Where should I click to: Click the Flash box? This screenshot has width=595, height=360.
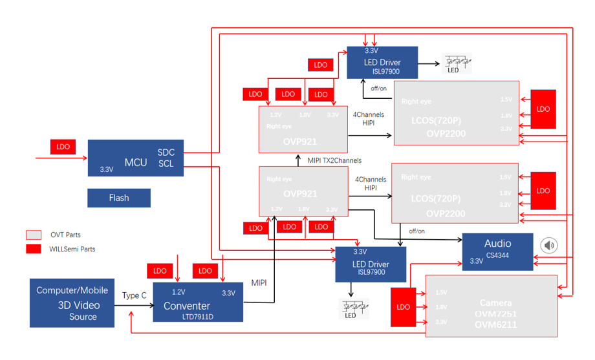pyautogui.click(x=119, y=198)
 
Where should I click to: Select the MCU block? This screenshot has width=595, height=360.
pyautogui.click(x=136, y=158)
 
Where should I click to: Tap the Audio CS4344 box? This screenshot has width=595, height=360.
pyautogui.click(x=497, y=251)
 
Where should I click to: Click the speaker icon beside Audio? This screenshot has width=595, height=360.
pyautogui.click(x=549, y=246)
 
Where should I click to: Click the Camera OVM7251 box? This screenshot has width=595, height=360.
pyautogui.click(x=491, y=306)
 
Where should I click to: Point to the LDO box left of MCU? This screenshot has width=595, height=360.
pyautogui.click(x=63, y=147)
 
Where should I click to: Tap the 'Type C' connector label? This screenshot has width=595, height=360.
pyautogui.click(x=134, y=295)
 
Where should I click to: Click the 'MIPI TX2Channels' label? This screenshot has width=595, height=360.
pyautogui.click(x=334, y=160)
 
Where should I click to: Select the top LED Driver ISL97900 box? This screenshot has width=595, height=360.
pyautogui.click(x=382, y=63)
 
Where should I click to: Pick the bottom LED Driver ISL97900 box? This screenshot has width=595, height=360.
pyautogui.click(x=371, y=264)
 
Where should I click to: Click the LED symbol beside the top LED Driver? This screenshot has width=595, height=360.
pyautogui.click(x=455, y=63)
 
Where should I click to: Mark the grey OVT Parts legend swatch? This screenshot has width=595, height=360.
pyautogui.click(x=34, y=235)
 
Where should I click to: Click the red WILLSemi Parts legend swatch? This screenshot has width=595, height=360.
pyautogui.click(x=34, y=249)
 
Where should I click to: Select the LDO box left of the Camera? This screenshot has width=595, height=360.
pyautogui.click(x=403, y=306)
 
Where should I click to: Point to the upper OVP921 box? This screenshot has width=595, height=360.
pyautogui.click(x=303, y=129)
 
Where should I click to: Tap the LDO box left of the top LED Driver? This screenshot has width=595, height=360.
pyautogui.click(x=321, y=65)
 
